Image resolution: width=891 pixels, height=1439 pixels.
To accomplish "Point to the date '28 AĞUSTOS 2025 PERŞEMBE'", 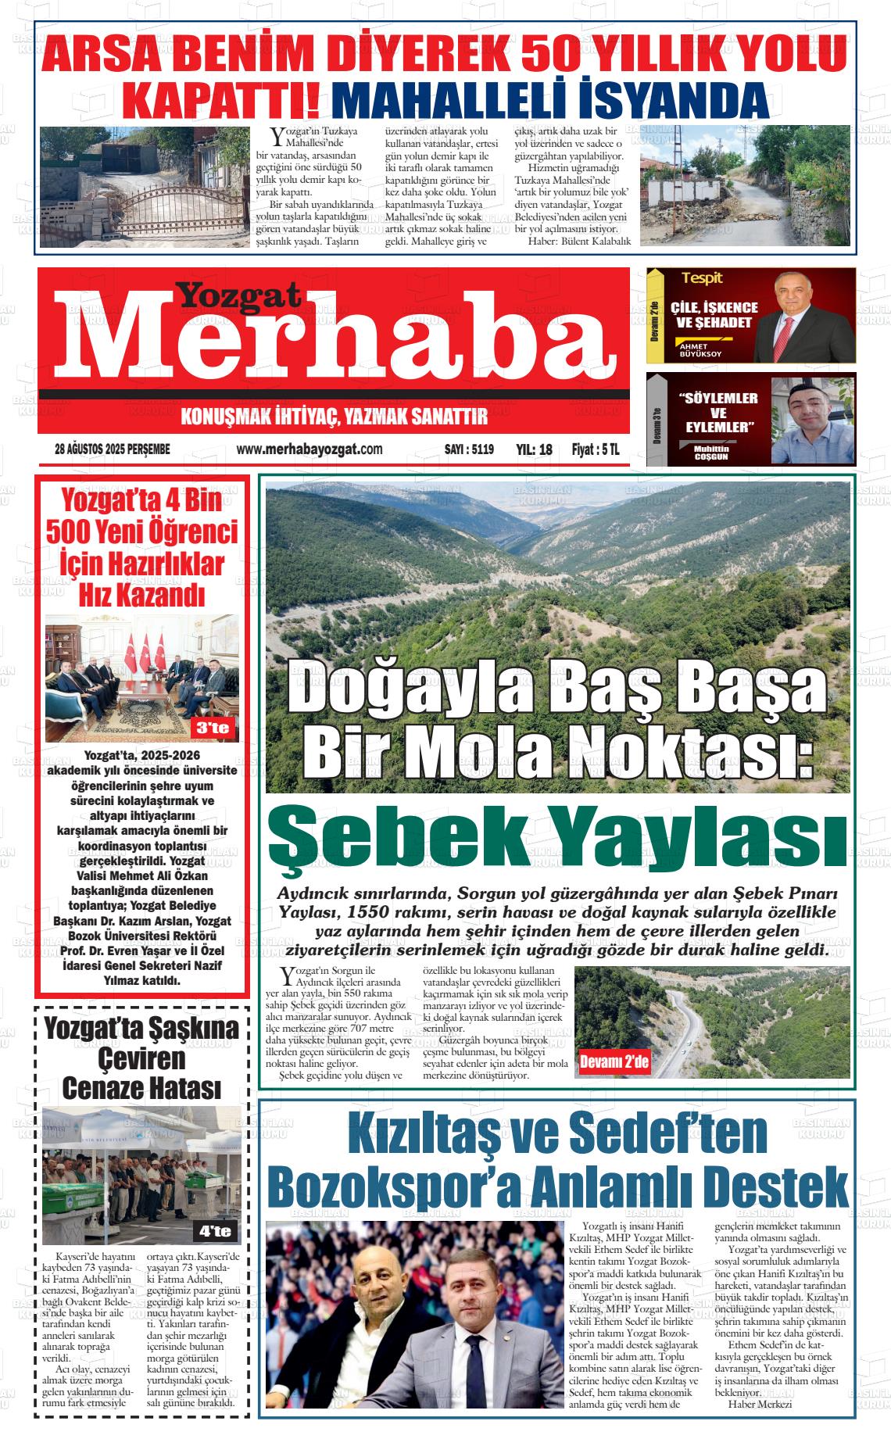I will click(113, 449).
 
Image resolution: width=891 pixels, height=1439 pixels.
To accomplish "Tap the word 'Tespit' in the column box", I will click(702, 278).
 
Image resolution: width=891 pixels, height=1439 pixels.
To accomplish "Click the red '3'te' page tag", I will click(213, 728).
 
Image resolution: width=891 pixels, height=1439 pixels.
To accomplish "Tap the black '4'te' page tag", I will click(215, 1232).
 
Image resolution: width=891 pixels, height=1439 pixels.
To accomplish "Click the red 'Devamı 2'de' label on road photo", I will click(614, 1062).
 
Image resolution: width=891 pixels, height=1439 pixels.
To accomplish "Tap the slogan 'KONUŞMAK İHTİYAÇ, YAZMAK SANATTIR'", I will click(334, 417).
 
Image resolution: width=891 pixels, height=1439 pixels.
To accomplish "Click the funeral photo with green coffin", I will click(141, 1174).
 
